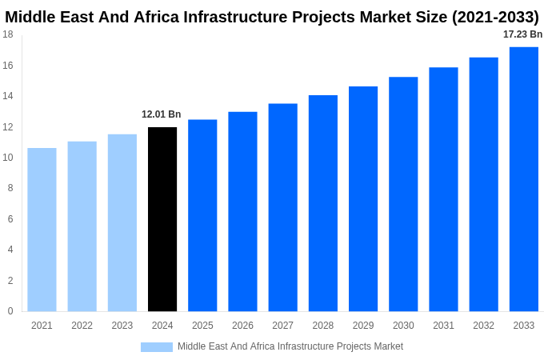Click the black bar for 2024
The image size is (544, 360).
click(162, 219)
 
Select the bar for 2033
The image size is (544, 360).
click(524, 179)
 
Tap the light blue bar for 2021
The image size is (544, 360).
click(42, 230)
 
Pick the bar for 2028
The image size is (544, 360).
click(323, 203)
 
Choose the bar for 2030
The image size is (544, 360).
click(403, 194)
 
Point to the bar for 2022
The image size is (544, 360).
click(82, 226)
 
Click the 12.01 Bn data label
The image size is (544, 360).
click(162, 114)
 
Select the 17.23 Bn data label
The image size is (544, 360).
click(522, 34)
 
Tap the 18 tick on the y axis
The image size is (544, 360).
click(8, 34)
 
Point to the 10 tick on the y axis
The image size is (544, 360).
click(8, 158)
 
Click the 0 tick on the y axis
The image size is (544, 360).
click(10, 311)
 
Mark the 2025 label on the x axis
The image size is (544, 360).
click(202, 326)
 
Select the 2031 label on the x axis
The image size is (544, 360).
click(443, 326)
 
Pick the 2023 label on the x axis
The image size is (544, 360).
click(122, 326)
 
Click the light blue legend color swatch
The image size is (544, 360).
click(157, 347)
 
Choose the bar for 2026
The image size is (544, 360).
click(242, 211)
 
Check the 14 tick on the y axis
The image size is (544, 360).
click(8, 96)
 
